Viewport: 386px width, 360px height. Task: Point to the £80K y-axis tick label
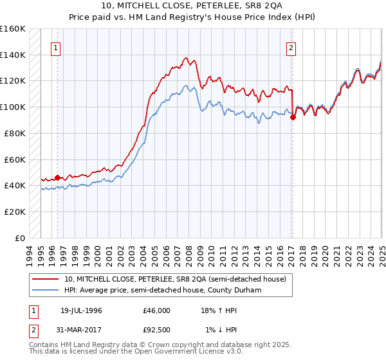tap(15, 133)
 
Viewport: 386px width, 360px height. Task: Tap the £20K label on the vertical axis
tap(15, 212)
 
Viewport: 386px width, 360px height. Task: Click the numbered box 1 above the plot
tap(55, 48)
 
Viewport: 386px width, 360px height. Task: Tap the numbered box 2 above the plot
tap(291, 48)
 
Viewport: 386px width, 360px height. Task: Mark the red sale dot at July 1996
tap(57, 177)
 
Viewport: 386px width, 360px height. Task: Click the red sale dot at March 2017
tap(293, 117)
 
